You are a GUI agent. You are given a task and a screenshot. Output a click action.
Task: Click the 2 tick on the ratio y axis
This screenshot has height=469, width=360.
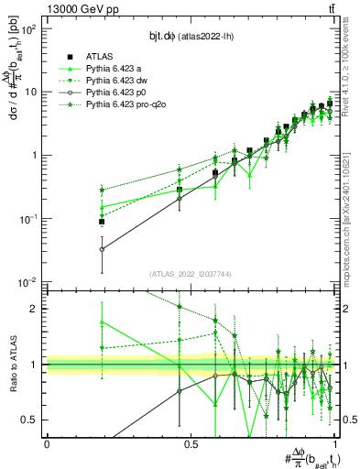point(35,309)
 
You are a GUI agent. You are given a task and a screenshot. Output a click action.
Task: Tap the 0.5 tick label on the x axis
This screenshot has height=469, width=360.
point(191,443)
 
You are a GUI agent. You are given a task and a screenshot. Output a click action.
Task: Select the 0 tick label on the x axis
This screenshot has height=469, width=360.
point(47,443)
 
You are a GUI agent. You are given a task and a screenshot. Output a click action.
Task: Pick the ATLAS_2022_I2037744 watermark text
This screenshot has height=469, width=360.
point(191,274)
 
